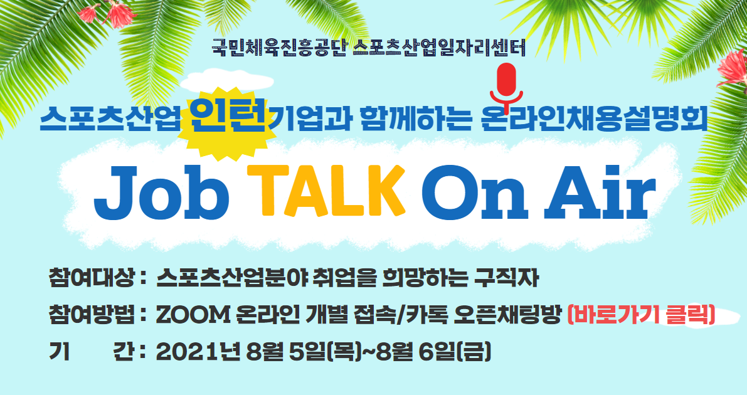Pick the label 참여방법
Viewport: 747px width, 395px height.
click(x=91, y=315)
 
